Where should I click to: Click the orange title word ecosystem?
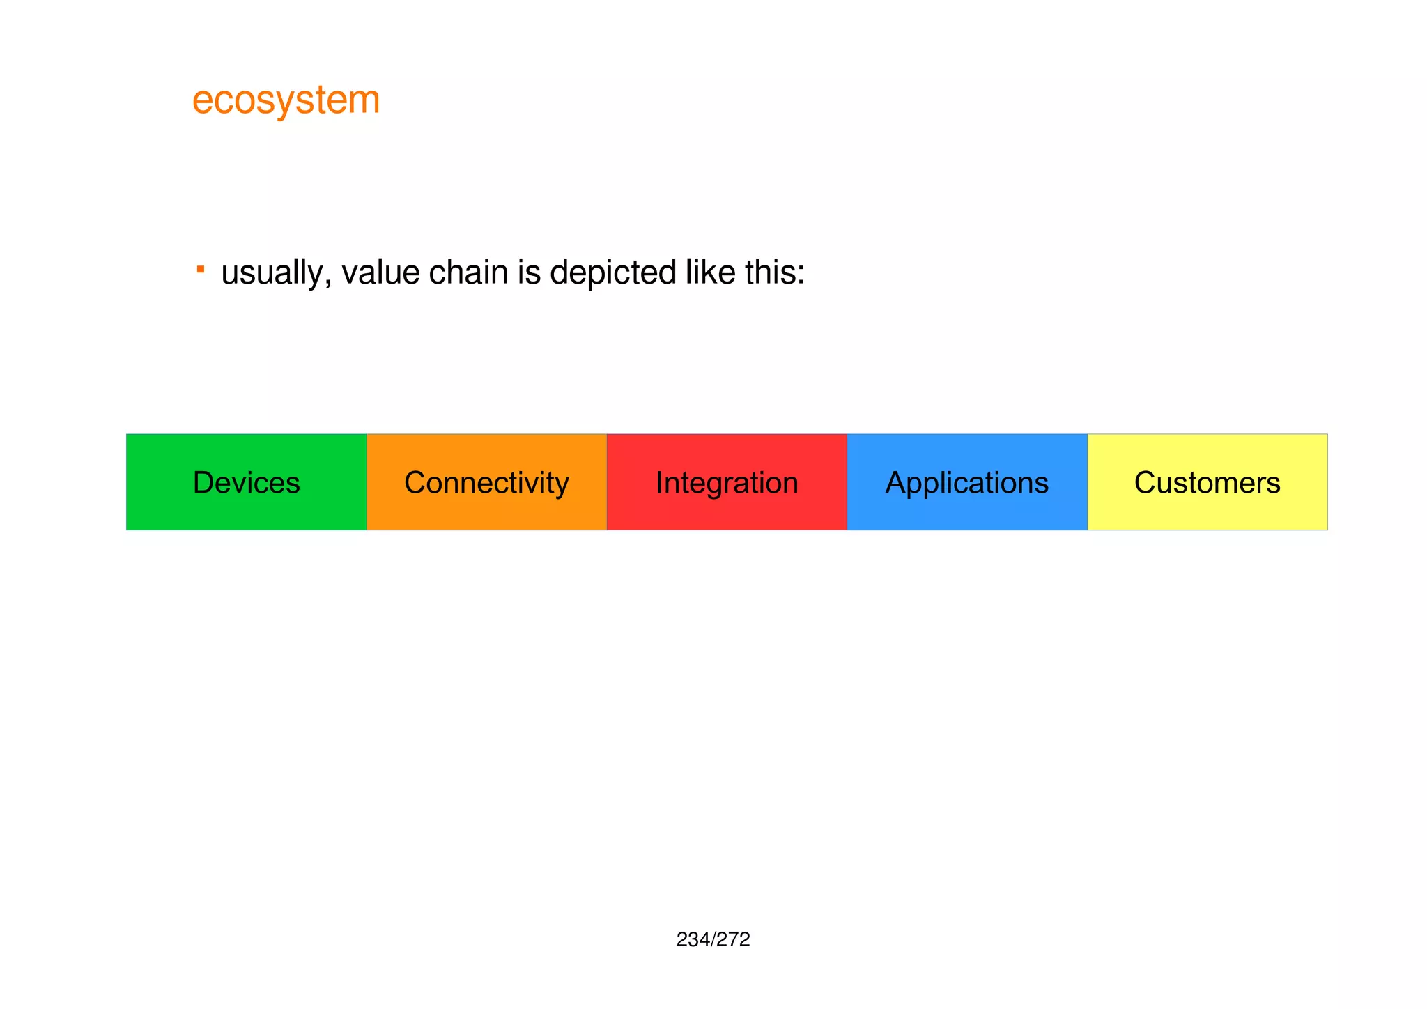(x=286, y=100)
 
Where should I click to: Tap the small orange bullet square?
(x=201, y=269)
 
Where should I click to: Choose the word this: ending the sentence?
(x=774, y=272)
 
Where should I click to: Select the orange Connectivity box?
(x=486, y=512)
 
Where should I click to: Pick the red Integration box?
(x=727, y=512)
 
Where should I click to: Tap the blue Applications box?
(x=967, y=512)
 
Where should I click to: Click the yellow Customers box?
(x=1208, y=512)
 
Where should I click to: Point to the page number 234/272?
(x=713, y=939)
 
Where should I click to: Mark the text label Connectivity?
(x=486, y=482)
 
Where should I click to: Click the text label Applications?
(x=966, y=483)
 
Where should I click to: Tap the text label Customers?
(x=1207, y=482)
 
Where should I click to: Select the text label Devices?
(x=246, y=482)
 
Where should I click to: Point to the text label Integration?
(x=727, y=483)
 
